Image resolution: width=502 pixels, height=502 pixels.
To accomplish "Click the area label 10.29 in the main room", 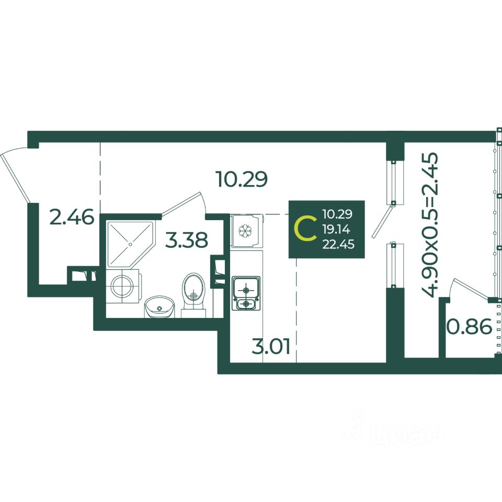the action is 242,179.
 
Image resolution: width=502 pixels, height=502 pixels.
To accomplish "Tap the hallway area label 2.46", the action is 72,216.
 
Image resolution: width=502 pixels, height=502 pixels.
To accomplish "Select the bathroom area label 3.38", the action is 187,240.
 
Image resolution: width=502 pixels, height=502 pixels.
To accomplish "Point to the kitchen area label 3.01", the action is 270,346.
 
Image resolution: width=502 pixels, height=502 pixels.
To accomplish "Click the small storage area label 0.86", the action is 469,327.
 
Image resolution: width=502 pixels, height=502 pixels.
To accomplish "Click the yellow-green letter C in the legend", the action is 305,229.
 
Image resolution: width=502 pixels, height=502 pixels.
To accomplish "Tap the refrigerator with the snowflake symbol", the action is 245,231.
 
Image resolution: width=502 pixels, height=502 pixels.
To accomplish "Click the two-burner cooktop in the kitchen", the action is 245,287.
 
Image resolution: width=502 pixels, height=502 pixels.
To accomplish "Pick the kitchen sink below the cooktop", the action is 245,304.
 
